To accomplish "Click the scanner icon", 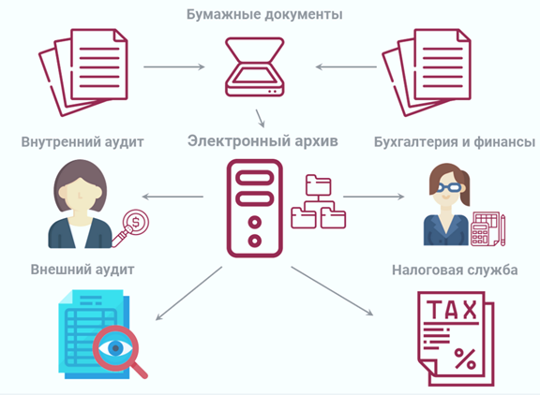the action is [x=254, y=66].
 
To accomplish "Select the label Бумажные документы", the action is [x=264, y=14].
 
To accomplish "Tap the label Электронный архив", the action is [x=262, y=141].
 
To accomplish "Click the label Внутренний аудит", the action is [x=82, y=142].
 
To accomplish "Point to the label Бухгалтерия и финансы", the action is [x=455, y=142].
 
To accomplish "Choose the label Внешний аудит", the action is [x=82, y=270].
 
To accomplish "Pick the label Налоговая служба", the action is [x=455, y=271].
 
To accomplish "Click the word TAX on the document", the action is [x=452, y=310].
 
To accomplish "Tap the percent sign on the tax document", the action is [x=465, y=358].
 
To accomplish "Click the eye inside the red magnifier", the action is [x=115, y=348].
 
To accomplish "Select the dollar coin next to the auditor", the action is [x=136, y=223].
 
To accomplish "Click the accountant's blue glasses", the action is [x=449, y=188].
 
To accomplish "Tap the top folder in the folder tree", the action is [x=318, y=184].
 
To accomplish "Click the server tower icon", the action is [x=254, y=208].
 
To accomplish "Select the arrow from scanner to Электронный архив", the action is [x=260, y=119].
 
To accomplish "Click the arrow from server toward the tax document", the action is [x=332, y=291].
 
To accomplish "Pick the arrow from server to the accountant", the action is [x=374, y=197].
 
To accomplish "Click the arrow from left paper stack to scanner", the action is [x=174, y=66].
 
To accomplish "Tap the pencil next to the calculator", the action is [x=502, y=229].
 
